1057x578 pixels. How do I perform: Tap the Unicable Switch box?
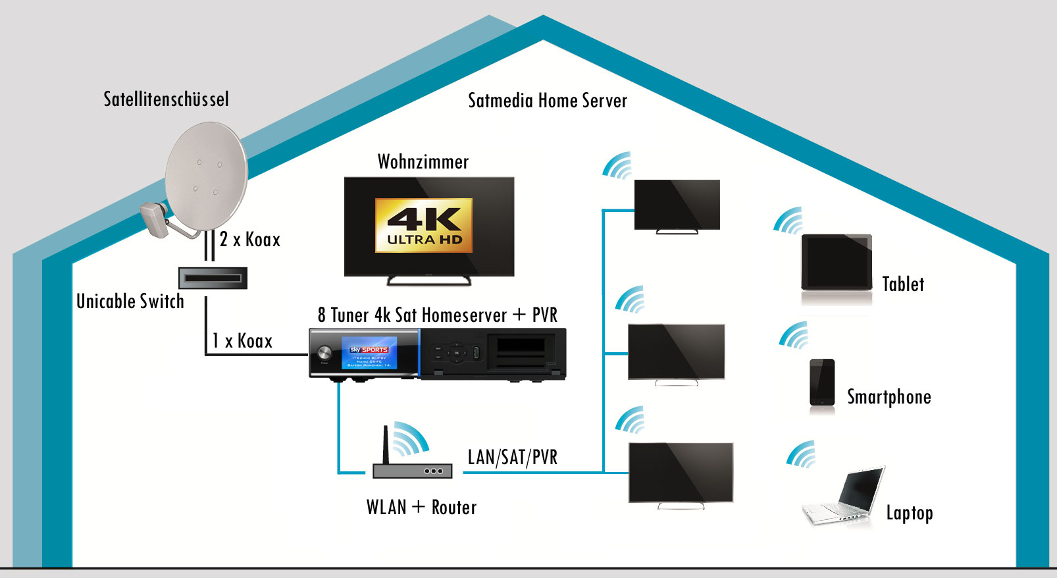213,278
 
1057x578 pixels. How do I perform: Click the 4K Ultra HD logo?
424,225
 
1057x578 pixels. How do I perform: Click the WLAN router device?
412,470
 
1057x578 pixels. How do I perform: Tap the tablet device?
837,263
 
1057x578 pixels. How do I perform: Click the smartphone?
822,383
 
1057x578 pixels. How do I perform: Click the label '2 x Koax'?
250,240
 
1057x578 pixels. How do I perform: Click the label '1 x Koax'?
242,341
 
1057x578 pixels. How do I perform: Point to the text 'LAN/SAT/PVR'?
512,457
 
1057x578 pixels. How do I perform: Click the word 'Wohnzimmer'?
423,162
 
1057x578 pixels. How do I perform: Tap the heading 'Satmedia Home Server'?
548,101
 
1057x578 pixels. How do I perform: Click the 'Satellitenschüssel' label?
167,99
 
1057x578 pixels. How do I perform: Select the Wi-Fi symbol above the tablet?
788,221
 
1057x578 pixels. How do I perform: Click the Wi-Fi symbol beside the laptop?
802,455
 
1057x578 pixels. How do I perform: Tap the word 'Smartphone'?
889,397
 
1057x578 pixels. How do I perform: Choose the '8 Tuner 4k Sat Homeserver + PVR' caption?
437,315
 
